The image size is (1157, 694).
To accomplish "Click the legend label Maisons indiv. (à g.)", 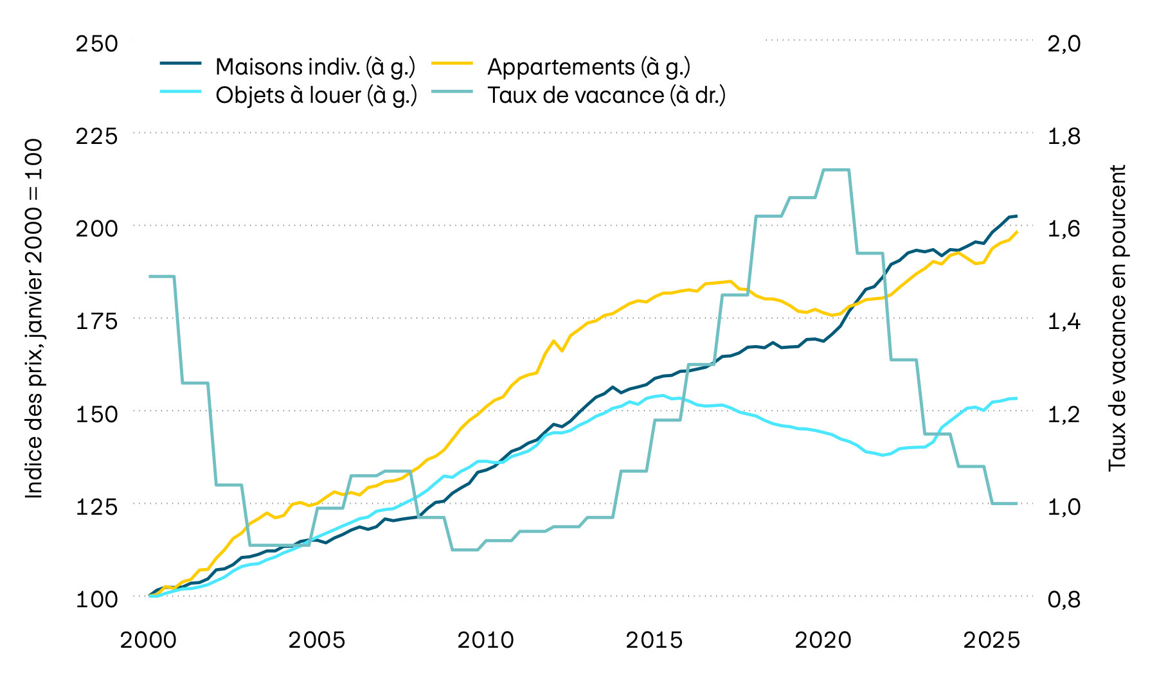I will click(x=315, y=67).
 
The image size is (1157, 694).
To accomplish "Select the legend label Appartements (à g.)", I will click(x=588, y=67).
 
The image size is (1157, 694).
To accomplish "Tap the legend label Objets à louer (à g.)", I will click(x=316, y=95).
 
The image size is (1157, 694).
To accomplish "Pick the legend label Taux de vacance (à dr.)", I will click(x=606, y=95).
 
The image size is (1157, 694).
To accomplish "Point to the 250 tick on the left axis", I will click(x=97, y=44).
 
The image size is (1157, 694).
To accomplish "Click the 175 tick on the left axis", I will click(x=97, y=321).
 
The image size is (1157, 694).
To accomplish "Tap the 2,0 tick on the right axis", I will click(x=1064, y=44).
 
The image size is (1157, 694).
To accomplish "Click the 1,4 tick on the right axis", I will click(x=1064, y=321).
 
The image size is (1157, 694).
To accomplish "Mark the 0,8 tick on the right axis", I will click(x=1064, y=600).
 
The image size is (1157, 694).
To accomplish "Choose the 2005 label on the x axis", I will click(x=317, y=640).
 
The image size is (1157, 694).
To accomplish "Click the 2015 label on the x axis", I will click(x=654, y=640).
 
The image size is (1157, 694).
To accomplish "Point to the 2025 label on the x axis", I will click(x=991, y=640).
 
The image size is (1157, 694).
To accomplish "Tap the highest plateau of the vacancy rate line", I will click(x=836, y=170).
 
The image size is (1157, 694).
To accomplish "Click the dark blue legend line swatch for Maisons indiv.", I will click(x=181, y=64).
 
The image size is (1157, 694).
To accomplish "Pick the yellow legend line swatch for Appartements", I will click(x=452, y=64).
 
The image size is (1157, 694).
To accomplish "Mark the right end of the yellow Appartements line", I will click(x=1017, y=232).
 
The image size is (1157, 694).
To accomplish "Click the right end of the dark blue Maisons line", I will click(x=1017, y=216).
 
